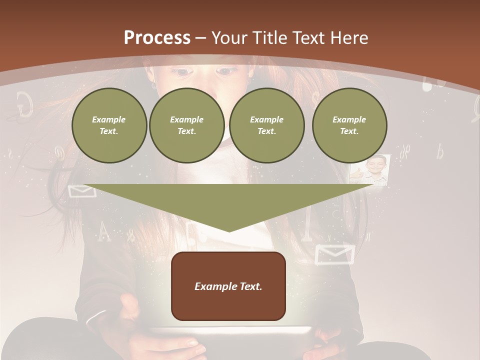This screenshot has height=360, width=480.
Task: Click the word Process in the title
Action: (x=157, y=37)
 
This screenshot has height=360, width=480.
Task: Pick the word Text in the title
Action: (x=310, y=38)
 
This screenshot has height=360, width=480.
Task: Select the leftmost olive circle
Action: (x=109, y=125)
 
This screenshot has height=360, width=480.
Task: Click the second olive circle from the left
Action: (x=187, y=125)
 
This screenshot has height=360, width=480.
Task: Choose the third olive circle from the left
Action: (x=266, y=125)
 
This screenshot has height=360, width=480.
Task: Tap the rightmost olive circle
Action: (x=349, y=125)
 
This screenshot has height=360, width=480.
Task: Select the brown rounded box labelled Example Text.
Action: (x=228, y=286)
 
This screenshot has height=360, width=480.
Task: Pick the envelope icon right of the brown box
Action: (x=334, y=253)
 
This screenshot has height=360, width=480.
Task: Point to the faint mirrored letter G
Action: (x=25, y=104)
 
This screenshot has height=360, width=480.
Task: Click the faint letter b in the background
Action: (x=439, y=151)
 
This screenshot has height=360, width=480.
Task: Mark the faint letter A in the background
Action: (x=103, y=231)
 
